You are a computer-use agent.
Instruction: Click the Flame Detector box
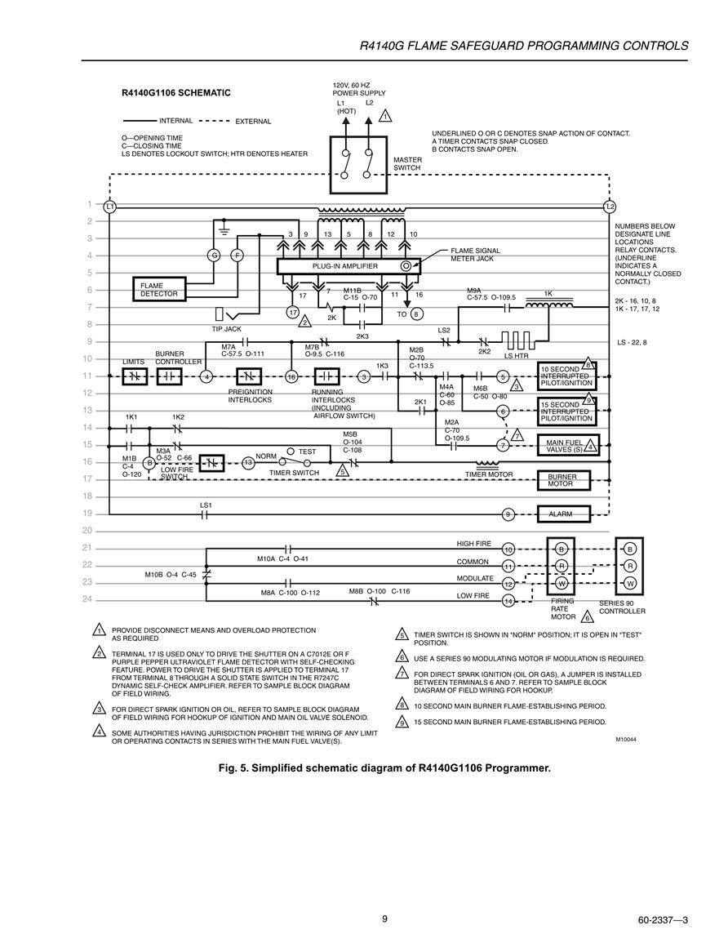pos(159,290)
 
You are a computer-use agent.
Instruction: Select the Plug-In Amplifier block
pos(346,266)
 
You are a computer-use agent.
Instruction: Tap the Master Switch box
pos(359,165)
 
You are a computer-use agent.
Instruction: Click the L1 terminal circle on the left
pos(109,207)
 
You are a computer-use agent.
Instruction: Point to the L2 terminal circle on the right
pos(610,207)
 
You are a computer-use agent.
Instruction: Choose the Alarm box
pos(563,514)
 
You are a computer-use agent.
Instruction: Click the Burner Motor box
pos(563,480)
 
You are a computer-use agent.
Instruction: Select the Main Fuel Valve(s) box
pos(568,446)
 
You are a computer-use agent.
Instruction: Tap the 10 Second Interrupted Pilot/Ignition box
pos(567,376)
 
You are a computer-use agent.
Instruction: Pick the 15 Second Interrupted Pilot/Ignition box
pos(567,411)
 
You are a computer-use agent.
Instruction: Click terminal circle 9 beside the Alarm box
pos(508,514)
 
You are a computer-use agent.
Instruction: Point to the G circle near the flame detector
pos(213,255)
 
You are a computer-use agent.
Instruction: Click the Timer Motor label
pos(489,474)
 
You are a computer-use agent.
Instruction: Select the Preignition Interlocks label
pos(250,396)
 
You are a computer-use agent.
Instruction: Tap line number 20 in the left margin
pos(87,531)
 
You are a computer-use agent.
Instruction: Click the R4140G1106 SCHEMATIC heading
pos(176,93)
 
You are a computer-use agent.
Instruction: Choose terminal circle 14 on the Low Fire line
pos(508,601)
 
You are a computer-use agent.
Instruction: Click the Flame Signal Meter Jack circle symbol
pos(406,266)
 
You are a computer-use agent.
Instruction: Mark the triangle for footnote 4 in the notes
pos(98,732)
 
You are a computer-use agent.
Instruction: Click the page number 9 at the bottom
pos(384,919)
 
